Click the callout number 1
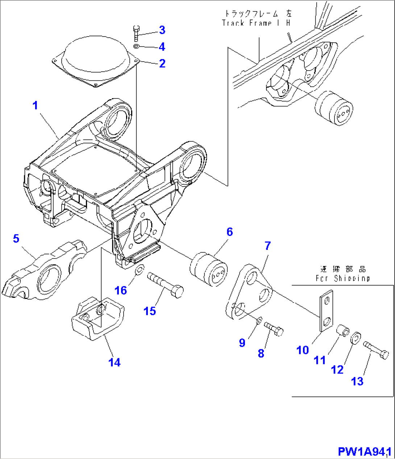(x=35, y=105)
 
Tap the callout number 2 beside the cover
(x=162, y=63)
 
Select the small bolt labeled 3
(x=136, y=33)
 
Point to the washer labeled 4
(x=136, y=46)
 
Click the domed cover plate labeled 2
(x=95, y=62)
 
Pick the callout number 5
(x=16, y=239)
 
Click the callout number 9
(x=242, y=343)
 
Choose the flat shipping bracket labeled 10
(x=325, y=310)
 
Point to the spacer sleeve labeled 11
(x=342, y=330)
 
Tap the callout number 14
(x=115, y=362)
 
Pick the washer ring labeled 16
(x=139, y=270)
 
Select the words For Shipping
(x=342, y=278)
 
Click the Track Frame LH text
(x=257, y=23)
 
